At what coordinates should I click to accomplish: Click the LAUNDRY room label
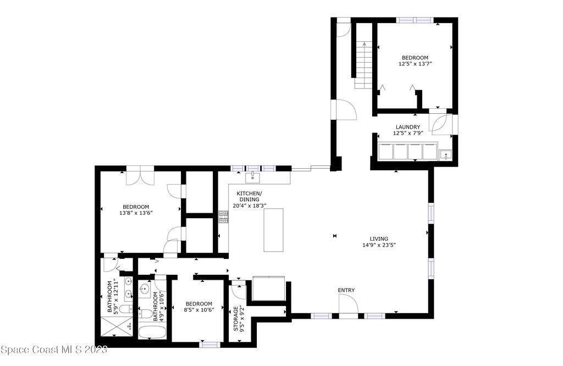click(x=407, y=127)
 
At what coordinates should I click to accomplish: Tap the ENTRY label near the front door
click(x=346, y=290)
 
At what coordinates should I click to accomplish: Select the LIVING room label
click(x=379, y=239)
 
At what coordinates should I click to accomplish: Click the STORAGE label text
click(x=236, y=318)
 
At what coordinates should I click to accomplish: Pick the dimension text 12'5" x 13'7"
click(x=415, y=64)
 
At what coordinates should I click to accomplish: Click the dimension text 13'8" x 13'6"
click(x=136, y=213)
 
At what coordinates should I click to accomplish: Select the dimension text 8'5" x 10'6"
click(x=199, y=309)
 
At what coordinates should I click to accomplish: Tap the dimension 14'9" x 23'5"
click(x=379, y=246)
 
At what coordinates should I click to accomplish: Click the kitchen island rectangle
click(x=273, y=230)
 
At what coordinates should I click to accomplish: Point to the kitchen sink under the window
click(x=253, y=178)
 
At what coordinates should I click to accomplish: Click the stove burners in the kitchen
click(x=223, y=217)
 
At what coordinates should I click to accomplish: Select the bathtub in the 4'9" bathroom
click(x=152, y=332)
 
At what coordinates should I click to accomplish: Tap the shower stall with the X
click(x=117, y=326)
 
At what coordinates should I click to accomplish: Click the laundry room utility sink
click(x=445, y=154)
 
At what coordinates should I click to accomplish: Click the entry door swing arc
click(x=353, y=301)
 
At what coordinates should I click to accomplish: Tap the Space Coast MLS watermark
click(x=54, y=350)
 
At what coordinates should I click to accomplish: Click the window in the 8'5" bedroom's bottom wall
click(x=209, y=345)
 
